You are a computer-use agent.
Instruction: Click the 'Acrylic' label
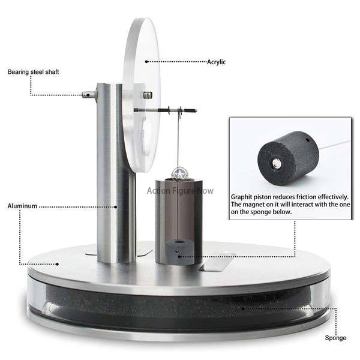click(x=216, y=62)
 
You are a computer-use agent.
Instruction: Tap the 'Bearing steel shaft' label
click(x=33, y=72)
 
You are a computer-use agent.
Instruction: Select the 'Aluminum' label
click(x=22, y=206)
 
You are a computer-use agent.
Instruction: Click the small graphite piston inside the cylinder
click(x=177, y=251)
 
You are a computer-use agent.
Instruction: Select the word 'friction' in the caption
click(x=314, y=197)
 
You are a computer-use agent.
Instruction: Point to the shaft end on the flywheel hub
click(x=147, y=95)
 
